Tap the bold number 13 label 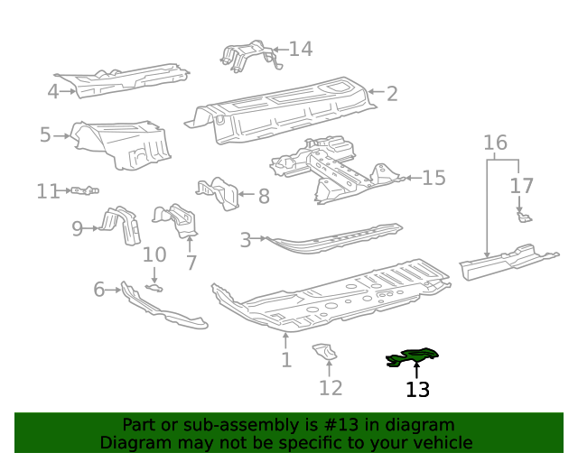[417, 390]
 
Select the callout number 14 [301, 49]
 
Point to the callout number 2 [392, 92]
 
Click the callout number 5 [45, 135]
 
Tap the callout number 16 [495, 143]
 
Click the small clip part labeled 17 [522, 216]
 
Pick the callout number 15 [433, 178]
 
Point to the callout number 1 [286, 360]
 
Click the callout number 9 [78, 228]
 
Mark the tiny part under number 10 [155, 288]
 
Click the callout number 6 [99, 289]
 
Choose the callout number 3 [245, 240]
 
